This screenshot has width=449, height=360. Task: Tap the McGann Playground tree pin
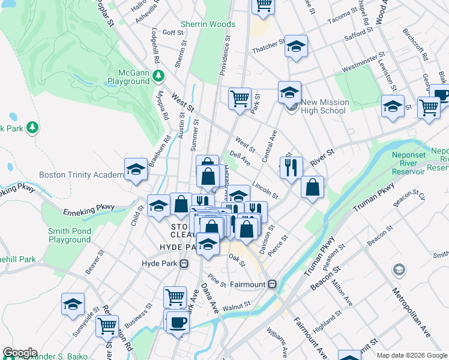click(x=158, y=76)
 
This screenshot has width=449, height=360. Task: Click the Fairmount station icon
click(x=272, y=283)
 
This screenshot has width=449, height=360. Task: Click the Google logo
click(x=19, y=353)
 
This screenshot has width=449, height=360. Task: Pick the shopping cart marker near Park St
click(x=240, y=97)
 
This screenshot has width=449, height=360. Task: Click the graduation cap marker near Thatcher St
click(x=296, y=46)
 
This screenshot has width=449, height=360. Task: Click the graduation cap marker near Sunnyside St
click(x=73, y=304)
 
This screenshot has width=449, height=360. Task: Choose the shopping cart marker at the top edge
click(x=263, y=5)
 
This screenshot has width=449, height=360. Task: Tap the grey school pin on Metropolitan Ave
click(x=399, y=271)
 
